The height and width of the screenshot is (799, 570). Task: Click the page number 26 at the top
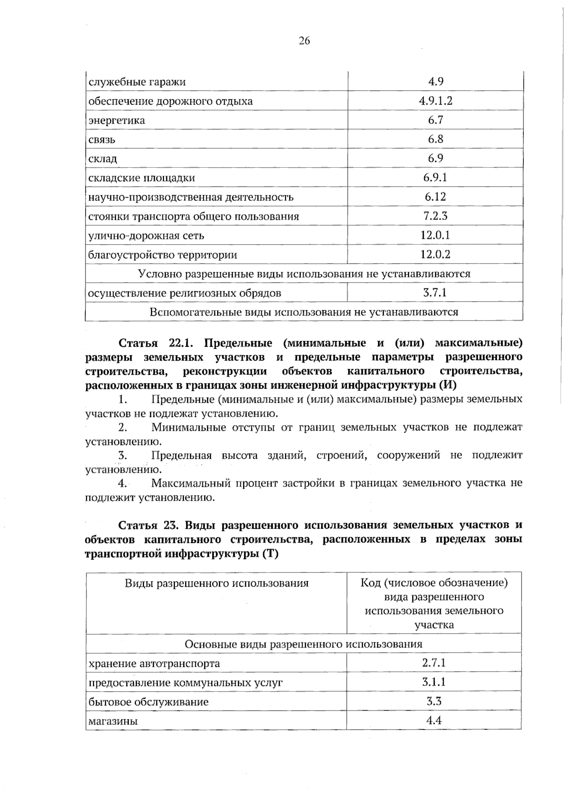[304, 41]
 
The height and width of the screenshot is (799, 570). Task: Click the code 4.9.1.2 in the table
[435, 101]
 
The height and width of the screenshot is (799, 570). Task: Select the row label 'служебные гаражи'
[137, 82]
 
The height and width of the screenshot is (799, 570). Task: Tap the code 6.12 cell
[435, 197]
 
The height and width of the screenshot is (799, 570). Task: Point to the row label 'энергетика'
[117, 120]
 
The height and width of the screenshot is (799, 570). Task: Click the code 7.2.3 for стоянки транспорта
[435, 216]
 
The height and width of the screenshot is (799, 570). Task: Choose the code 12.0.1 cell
[435, 235]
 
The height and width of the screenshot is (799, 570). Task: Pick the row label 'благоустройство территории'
[162, 255]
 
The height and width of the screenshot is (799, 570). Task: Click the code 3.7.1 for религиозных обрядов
[435, 293]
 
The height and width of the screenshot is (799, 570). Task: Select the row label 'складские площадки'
[142, 178]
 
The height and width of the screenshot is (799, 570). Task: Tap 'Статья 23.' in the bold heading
[148, 525]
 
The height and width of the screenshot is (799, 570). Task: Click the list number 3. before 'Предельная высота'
[122, 456]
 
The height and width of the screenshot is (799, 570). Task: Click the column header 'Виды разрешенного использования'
[217, 583]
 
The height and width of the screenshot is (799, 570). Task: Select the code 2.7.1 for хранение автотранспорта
[434, 663]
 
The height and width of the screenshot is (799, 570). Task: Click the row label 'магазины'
[113, 721]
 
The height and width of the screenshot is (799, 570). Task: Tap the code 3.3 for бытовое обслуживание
[434, 701]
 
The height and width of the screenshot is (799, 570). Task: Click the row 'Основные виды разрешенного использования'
[303, 644]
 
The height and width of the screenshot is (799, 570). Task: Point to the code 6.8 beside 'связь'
[435, 139]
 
